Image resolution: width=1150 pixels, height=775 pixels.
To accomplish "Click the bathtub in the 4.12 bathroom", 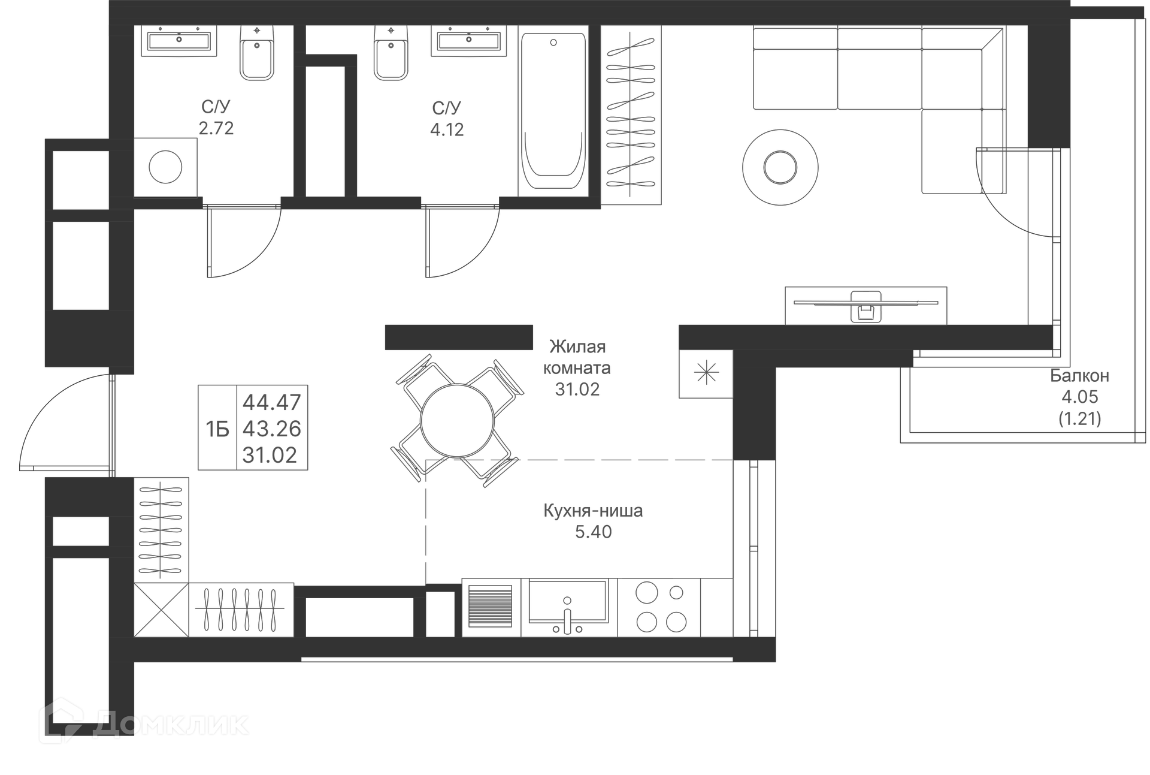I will pos(553,111).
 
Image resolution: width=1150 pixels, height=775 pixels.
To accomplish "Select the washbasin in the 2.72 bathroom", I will pos(178,41).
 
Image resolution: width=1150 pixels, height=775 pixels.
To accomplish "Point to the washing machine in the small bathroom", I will pos(165,167).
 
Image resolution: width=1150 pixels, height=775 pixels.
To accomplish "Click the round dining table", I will pos(457,422).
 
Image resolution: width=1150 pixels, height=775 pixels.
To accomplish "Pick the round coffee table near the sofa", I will pos(780,167).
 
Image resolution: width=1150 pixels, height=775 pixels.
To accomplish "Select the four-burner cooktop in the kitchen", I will pos(660,608).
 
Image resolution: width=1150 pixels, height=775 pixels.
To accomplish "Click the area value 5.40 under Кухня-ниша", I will pos(593,532).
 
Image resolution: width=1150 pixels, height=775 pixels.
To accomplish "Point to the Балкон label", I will pos(1079,376).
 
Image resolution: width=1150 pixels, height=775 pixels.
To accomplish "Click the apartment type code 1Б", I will pos(217,429).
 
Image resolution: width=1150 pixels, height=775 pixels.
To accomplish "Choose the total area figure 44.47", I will pos(271,402).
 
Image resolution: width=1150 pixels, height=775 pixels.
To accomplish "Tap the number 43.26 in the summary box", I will pos(271,429).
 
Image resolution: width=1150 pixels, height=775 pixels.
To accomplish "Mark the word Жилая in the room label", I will pos(577,346).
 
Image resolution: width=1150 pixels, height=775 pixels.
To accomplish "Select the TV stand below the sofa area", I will pos(865,306).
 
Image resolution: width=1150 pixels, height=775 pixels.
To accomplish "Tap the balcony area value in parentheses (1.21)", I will pos(1079,418).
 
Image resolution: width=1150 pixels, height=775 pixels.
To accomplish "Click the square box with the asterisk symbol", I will pos(706,374).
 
